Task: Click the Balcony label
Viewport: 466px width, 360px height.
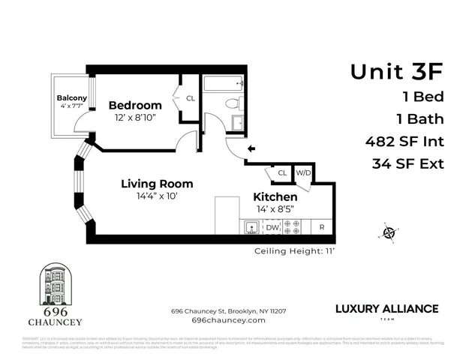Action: click(72, 97)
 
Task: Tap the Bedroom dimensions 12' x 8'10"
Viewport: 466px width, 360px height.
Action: click(135, 118)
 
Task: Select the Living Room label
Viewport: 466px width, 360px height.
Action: click(157, 184)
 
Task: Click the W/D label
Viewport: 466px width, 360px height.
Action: click(303, 173)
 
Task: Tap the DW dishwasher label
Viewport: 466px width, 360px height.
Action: click(272, 226)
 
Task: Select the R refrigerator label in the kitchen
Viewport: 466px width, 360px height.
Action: click(322, 226)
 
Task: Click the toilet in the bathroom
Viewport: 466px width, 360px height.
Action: click(233, 103)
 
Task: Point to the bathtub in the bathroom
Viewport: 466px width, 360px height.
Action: click(224, 84)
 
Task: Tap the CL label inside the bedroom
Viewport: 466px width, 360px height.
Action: click(190, 98)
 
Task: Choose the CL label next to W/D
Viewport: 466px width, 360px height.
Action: click(282, 173)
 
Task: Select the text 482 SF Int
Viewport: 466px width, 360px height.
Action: click(404, 141)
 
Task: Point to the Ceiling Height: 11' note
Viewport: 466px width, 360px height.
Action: click(295, 251)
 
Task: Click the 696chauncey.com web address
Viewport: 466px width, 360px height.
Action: click(229, 319)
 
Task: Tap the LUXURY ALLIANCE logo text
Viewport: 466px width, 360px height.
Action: click(385, 308)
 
